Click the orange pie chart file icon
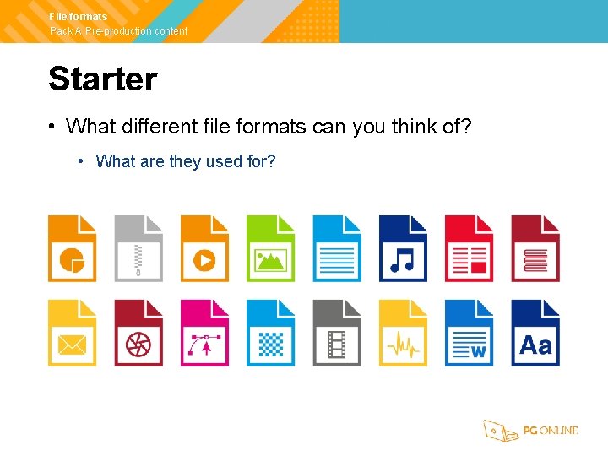pos(72,249)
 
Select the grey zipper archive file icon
pos(138,249)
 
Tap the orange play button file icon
pos(204,249)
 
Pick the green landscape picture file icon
pos(270,249)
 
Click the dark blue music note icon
pos(403,249)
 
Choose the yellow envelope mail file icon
pos(72,334)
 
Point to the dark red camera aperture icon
pos(138,334)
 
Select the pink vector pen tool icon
pos(204,334)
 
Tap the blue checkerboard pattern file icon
pos(270,334)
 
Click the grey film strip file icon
pos(337,334)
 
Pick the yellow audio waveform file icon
pos(403,334)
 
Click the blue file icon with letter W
pos(469,334)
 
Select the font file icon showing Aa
pos(535,334)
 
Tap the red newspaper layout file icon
pos(469,249)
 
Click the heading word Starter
pos(103,79)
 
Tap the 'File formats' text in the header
pos(79,17)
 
